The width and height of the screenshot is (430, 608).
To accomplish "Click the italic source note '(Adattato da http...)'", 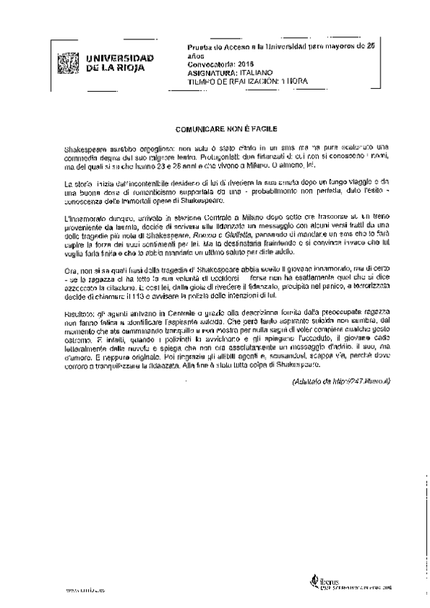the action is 341,380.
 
